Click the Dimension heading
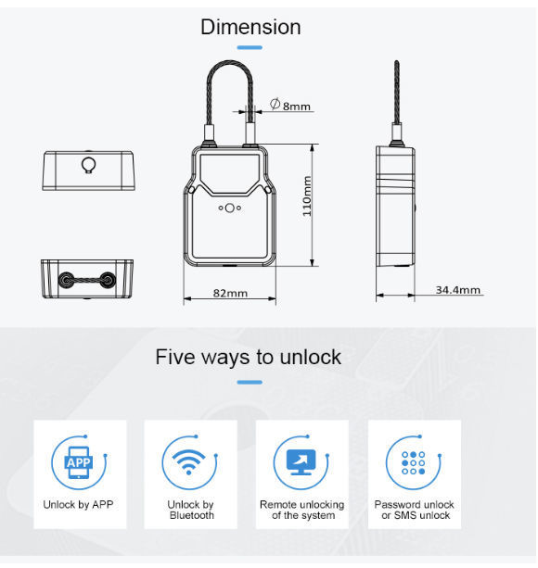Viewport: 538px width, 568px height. (x=250, y=27)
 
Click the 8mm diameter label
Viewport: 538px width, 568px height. (x=290, y=106)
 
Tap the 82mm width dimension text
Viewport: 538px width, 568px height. (x=230, y=293)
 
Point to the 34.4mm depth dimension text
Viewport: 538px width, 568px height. (x=458, y=291)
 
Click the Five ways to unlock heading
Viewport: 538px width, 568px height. (x=249, y=357)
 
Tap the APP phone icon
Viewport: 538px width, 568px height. (x=79, y=461)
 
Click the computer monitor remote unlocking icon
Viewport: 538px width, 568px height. (x=301, y=461)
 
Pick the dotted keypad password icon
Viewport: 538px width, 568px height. (x=413, y=461)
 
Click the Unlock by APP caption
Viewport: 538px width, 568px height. (x=79, y=505)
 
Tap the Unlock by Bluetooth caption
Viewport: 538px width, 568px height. (x=190, y=510)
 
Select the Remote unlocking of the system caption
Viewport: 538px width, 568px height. (x=301, y=510)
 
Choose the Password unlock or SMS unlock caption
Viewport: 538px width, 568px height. (x=413, y=510)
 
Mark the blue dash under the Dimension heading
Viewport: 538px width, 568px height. (x=250, y=48)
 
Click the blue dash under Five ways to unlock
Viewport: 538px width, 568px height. (x=250, y=381)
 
